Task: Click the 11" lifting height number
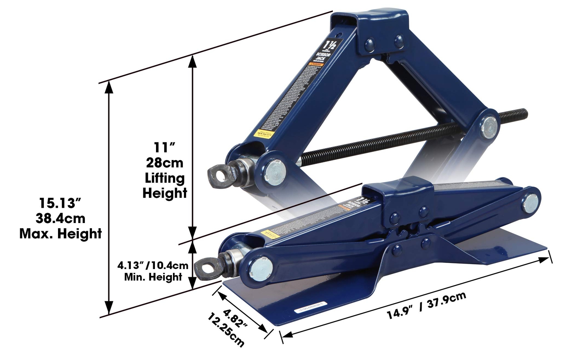164,147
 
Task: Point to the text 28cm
164,162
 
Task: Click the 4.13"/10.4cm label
153,265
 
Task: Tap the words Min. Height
153,277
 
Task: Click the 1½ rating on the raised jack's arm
333,45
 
